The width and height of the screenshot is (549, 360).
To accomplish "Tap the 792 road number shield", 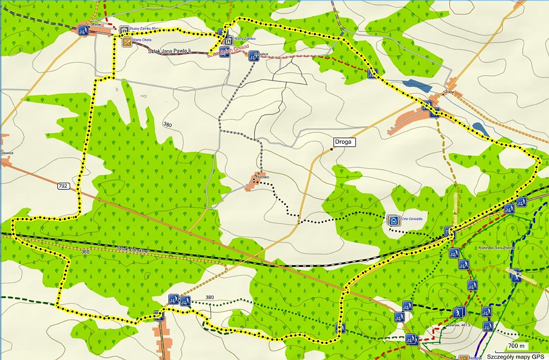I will coord(64,186).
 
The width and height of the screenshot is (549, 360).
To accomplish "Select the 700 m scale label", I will coord(516,345).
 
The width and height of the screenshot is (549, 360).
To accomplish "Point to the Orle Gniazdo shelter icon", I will coord(393,220).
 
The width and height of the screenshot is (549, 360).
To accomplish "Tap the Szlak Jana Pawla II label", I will coord(169,50).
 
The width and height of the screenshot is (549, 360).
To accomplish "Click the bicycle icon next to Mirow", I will coord(83,31).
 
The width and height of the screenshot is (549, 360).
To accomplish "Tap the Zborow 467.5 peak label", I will coord(458,325).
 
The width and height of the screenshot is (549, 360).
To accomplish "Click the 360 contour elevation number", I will coord(85,251).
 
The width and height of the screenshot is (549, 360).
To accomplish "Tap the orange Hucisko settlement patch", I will coord(252,183).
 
